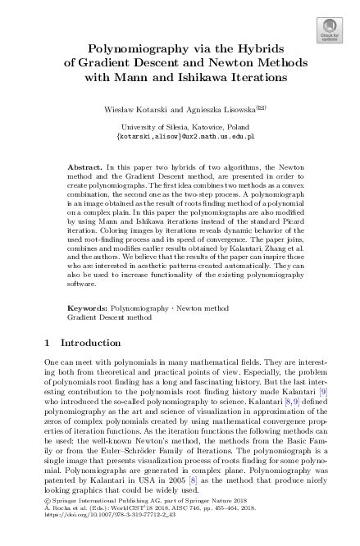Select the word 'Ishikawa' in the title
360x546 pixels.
click(x=212, y=78)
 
